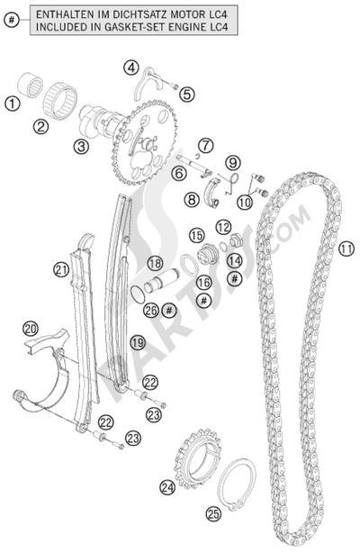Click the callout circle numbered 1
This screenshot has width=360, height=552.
(x=13, y=104)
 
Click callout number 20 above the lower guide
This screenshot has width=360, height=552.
(x=31, y=329)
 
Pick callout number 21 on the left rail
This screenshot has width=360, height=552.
(x=60, y=268)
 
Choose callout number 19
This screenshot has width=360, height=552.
(x=137, y=342)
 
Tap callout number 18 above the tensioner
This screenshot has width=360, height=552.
(x=155, y=264)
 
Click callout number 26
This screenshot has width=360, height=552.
(x=151, y=310)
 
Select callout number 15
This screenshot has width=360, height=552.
(x=196, y=235)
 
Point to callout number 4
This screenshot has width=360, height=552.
(x=131, y=68)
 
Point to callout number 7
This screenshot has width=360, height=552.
(x=205, y=144)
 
